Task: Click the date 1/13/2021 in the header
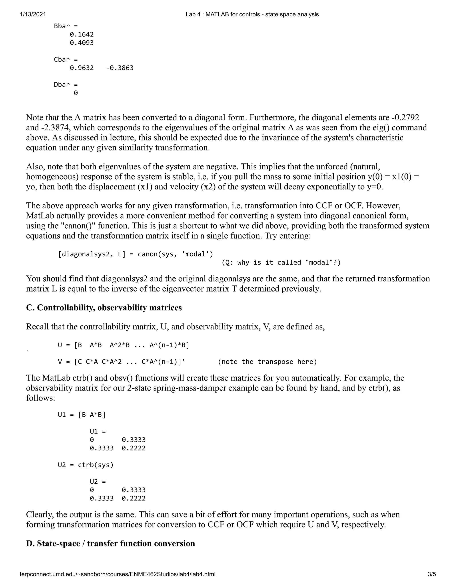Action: [33, 15]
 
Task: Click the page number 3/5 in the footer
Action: [431, 574]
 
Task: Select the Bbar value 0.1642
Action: [82, 34]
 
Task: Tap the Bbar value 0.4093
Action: [82, 43]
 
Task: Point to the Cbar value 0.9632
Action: [82, 68]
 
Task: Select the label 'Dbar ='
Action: [66, 85]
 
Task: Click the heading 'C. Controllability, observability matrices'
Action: [104, 308]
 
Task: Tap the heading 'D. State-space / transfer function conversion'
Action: [110, 543]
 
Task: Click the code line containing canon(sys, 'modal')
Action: [135, 254]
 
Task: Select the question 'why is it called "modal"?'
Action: [281, 262]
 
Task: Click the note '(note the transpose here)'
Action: [267, 362]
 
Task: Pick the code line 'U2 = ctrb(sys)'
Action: [86, 465]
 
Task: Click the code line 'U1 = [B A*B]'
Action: [82, 415]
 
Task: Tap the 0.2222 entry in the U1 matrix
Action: [134, 448]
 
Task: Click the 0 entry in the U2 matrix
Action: [92, 490]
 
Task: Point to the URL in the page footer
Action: [118, 574]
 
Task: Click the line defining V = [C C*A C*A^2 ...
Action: [121, 362]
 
